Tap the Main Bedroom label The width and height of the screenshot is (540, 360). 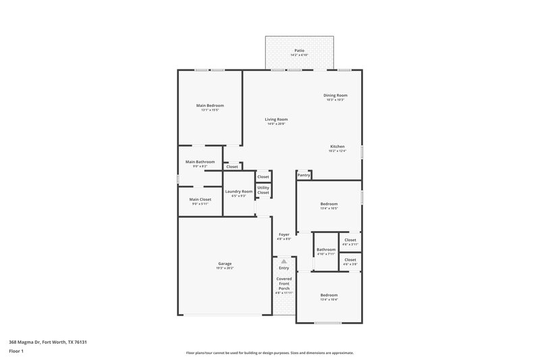tap(210, 105)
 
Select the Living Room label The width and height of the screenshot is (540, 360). tap(276, 120)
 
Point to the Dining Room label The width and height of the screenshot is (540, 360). tap(335, 95)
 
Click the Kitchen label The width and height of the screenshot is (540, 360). tap(337, 147)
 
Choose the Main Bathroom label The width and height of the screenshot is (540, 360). tap(200, 161)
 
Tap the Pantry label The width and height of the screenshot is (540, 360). tap(304, 176)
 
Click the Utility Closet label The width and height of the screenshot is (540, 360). tap(263, 190)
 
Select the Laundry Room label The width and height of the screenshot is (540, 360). tap(238, 191)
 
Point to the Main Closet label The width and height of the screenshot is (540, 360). tap(200, 199)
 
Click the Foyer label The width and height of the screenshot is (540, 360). tap(284, 234)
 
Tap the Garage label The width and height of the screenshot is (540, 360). tap(225, 263)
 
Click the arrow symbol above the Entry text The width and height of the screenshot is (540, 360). tap(284, 261)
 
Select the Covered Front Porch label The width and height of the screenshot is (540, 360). tap(284, 283)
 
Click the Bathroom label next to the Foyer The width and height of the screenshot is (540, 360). tap(326, 249)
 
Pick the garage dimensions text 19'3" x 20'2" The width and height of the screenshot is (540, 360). tap(225, 268)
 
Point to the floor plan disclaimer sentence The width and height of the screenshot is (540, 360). tap(270, 353)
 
